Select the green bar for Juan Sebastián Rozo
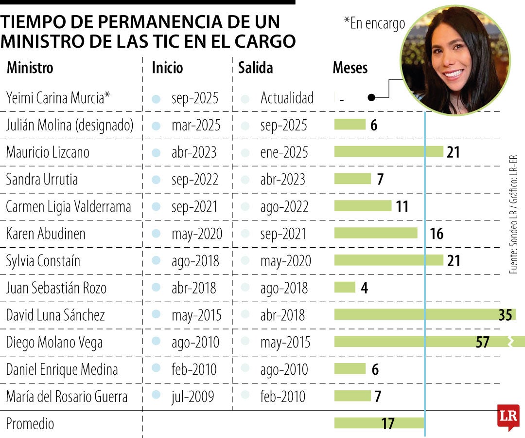pos(345,288)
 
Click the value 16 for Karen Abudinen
pos(437,234)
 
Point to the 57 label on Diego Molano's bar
pos(482,342)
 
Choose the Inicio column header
pos(167,68)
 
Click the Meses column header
pos(350,68)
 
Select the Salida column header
pos(255,68)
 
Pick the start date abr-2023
pos(194,152)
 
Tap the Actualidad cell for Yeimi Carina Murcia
pos(287,98)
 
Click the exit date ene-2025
pos(284,152)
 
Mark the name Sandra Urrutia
pos(42,180)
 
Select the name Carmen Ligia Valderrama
pos(69,207)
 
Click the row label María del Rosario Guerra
pos(67,396)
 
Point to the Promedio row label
pos(30,423)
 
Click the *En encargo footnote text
pos(374,23)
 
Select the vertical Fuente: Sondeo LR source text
pos(514,214)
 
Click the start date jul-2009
pos(192,396)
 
